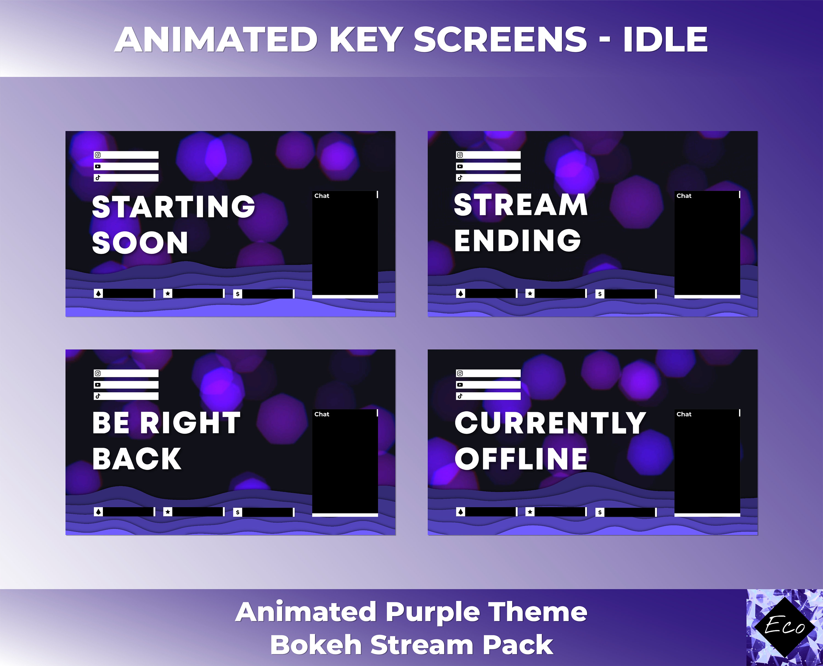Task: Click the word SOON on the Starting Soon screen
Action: tap(140, 243)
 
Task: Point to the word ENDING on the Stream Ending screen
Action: tap(517, 240)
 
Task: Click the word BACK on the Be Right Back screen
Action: tap(137, 459)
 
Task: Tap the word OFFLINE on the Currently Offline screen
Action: tap(521, 459)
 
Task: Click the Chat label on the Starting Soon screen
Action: tap(322, 196)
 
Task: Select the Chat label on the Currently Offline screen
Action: tap(684, 414)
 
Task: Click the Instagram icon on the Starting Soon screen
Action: tap(98, 155)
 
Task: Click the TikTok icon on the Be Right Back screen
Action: tap(98, 396)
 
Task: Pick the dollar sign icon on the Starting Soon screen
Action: tap(238, 294)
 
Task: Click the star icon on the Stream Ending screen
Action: tap(530, 293)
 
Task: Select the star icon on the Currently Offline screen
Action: tap(530, 512)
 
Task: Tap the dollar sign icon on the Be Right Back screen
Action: tap(238, 512)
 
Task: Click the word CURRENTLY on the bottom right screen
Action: tap(550, 423)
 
